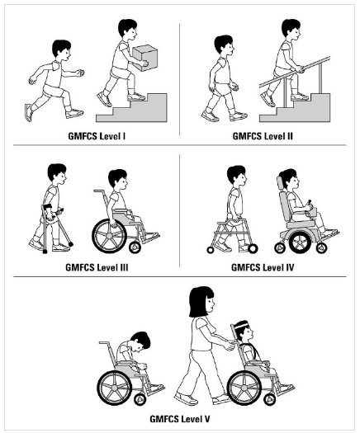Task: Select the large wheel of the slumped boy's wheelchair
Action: (x=118, y=387)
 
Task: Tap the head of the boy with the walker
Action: (x=235, y=176)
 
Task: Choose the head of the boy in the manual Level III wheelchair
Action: (x=118, y=181)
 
